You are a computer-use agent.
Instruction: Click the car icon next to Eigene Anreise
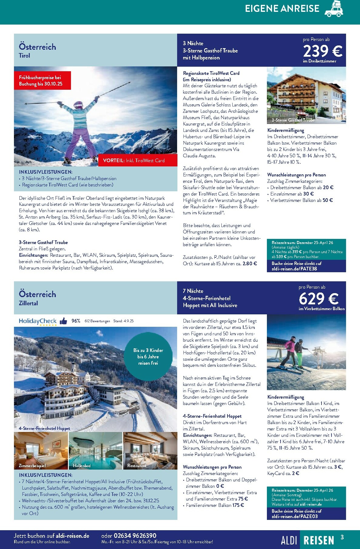coord(334,9)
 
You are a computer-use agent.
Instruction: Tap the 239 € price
coord(323,51)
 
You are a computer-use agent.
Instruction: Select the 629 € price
coord(318,299)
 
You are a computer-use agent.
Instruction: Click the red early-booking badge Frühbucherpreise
coord(42,81)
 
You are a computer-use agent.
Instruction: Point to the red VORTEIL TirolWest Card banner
coord(138,160)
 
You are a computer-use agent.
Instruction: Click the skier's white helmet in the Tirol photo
coord(78,105)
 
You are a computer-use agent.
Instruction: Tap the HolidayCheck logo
coord(38,321)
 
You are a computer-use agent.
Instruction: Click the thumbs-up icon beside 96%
coord(63,321)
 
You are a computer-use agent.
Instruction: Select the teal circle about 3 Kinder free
coord(148,357)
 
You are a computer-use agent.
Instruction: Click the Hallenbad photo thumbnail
coord(96,451)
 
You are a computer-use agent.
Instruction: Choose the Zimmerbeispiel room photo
coord(41,451)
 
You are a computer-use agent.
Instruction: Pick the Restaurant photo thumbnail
coord(150,451)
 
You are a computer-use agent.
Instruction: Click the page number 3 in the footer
coord(342,537)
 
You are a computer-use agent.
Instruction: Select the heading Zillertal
coord(28,303)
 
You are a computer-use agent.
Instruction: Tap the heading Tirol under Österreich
coord(24,55)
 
